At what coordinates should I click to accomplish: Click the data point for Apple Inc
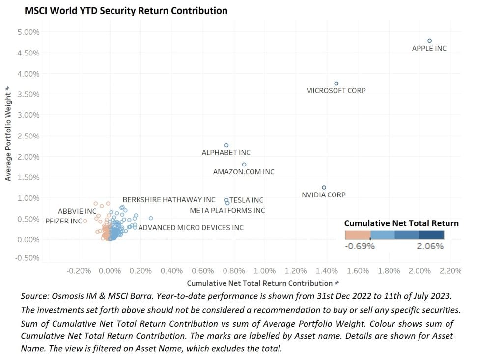429,41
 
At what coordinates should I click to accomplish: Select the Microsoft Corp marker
336,83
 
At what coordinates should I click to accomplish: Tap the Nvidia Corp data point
324,187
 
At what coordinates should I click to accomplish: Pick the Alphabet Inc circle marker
226,145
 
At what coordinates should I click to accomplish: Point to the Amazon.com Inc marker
244,165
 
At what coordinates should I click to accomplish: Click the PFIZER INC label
63,221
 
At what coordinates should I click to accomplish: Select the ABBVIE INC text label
77,211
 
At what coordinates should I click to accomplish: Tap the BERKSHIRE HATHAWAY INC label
169,200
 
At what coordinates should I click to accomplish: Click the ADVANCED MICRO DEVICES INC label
191,228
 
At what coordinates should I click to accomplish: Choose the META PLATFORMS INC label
227,211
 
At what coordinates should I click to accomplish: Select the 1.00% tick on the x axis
265,271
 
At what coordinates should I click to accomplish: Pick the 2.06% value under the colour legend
430,246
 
